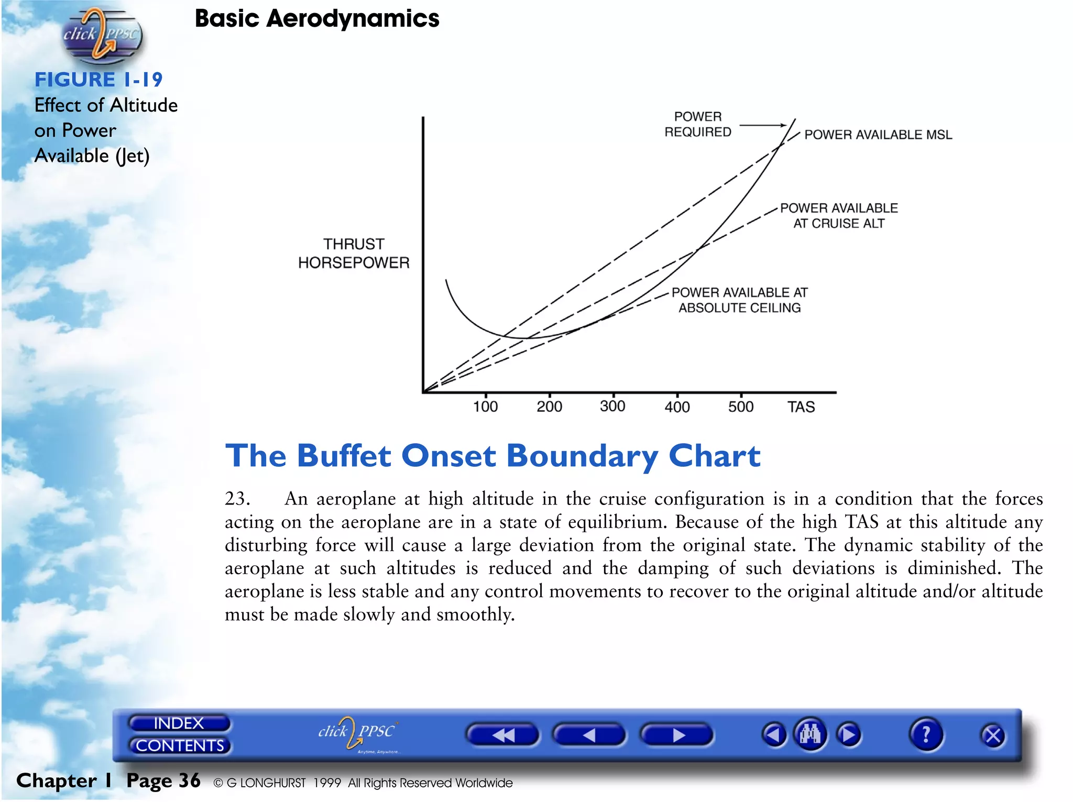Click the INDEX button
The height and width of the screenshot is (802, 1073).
click(x=179, y=723)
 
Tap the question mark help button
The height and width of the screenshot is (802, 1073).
click(x=926, y=735)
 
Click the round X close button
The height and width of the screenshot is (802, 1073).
click(x=993, y=736)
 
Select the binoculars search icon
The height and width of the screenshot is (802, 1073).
click(x=810, y=734)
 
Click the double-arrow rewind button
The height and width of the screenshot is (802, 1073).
click(x=502, y=735)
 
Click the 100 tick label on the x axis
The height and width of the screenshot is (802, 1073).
click(x=485, y=407)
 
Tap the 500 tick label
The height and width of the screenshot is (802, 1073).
click(x=741, y=407)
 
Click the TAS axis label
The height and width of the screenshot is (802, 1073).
click(x=801, y=407)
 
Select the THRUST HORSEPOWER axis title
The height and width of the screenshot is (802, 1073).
click(x=354, y=254)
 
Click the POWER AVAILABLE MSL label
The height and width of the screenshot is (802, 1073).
click(x=878, y=135)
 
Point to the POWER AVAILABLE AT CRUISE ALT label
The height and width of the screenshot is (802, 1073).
click(x=839, y=216)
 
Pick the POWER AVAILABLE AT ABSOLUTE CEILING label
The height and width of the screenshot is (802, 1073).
click(x=739, y=300)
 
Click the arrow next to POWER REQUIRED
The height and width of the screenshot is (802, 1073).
click(x=762, y=125)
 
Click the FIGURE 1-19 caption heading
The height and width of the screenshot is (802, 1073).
click(x=98, y=80)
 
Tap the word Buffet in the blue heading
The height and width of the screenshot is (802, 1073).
click(x=344, y=456)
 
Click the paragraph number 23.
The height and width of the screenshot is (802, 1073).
click(x=237, y=499)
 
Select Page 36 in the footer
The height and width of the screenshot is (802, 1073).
click(x=163, y=781)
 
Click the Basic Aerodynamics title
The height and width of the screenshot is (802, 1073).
click(x=317, y=19)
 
